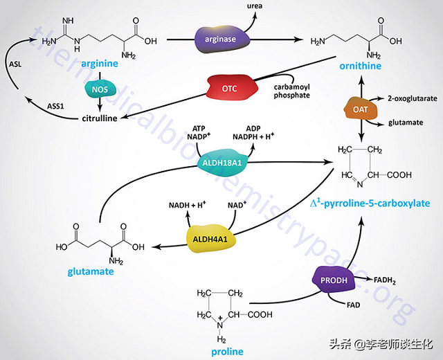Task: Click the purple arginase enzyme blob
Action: (x=219, y=38)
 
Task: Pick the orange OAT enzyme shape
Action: (x=359, y=110)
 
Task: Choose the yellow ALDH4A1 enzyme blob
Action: (x=211, y=238)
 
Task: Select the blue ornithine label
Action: (x=359, y=65)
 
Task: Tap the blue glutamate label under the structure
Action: (x=90, y=271)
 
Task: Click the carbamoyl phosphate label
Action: (x=290, y=91)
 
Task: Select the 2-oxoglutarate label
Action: (x=412, y=99)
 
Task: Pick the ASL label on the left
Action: (x=17, y=64)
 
